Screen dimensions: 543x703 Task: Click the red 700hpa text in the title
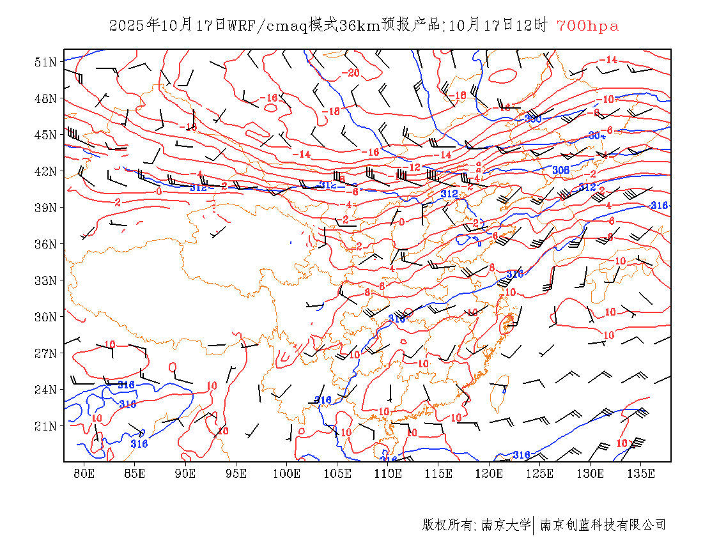[x=587, y=26]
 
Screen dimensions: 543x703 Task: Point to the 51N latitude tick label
[x=46, y=62]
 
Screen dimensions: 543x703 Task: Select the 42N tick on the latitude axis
[x=46, y=171]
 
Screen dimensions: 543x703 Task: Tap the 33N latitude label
[x=46, y=280]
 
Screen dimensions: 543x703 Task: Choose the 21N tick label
[x=46, y=426]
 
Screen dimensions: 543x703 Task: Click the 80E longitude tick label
[x=84, y=474]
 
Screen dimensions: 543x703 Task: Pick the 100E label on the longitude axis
[x=286, y=474]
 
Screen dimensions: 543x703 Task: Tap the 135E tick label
[x=641, y=474]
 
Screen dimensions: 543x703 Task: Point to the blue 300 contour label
[x=532, y=119]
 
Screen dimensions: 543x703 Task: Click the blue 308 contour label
[x=560, y=170]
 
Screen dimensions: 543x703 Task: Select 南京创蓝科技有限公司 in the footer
[x=603, y=525]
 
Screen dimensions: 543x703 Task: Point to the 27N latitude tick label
[x=46, y=353]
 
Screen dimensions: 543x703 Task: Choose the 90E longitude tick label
[x=185, y=474]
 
